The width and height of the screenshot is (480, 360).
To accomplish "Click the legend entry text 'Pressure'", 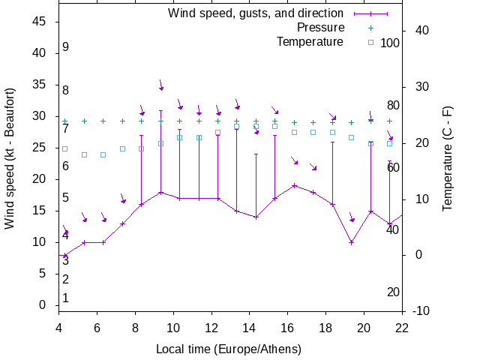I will tap(320, 28).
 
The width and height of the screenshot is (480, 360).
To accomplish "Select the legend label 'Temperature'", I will tap(310, 41).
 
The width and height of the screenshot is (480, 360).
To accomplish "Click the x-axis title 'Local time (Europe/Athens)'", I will tap(229, 349).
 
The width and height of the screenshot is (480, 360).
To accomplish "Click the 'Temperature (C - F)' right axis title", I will tap(448, 158).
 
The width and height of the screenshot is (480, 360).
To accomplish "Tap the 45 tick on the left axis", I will tap(40, 22).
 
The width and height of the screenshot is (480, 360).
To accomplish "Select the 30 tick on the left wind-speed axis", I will tap(40, 116).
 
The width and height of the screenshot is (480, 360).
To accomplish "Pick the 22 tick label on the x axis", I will tap(402, 327).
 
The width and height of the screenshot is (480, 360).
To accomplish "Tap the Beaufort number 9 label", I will tap(66, 47).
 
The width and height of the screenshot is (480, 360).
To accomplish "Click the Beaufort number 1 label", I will tap(66, 298).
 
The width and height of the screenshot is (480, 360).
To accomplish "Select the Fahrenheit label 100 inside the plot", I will tap(390, 43).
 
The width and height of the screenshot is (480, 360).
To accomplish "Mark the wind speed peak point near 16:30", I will tap(295, 185).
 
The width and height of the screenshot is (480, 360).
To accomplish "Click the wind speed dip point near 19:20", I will tap(351, 242).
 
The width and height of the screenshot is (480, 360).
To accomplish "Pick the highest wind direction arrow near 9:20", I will tap(160, 85).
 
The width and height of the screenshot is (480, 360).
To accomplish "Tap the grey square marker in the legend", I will tap(370, 42).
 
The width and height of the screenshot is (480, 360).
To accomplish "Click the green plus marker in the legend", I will tap(370, 28).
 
